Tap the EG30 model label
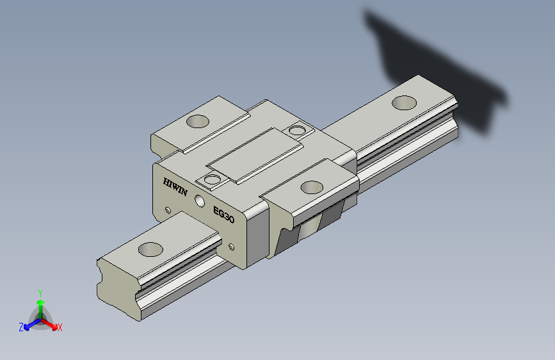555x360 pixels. click(x=223, y=215)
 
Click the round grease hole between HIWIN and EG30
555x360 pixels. click(x=200, y=201)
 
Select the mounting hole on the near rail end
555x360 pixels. click(x=150, y=249)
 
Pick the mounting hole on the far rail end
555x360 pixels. click(x=404, y=102)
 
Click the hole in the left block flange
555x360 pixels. click(x=198, y=121)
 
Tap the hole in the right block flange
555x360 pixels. click(x=312, y=188)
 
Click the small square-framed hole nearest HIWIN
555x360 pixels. click(x=212, y=179)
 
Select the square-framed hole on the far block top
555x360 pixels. click(x=296, y=131)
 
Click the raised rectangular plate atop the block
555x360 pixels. click(x=255, y=156)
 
